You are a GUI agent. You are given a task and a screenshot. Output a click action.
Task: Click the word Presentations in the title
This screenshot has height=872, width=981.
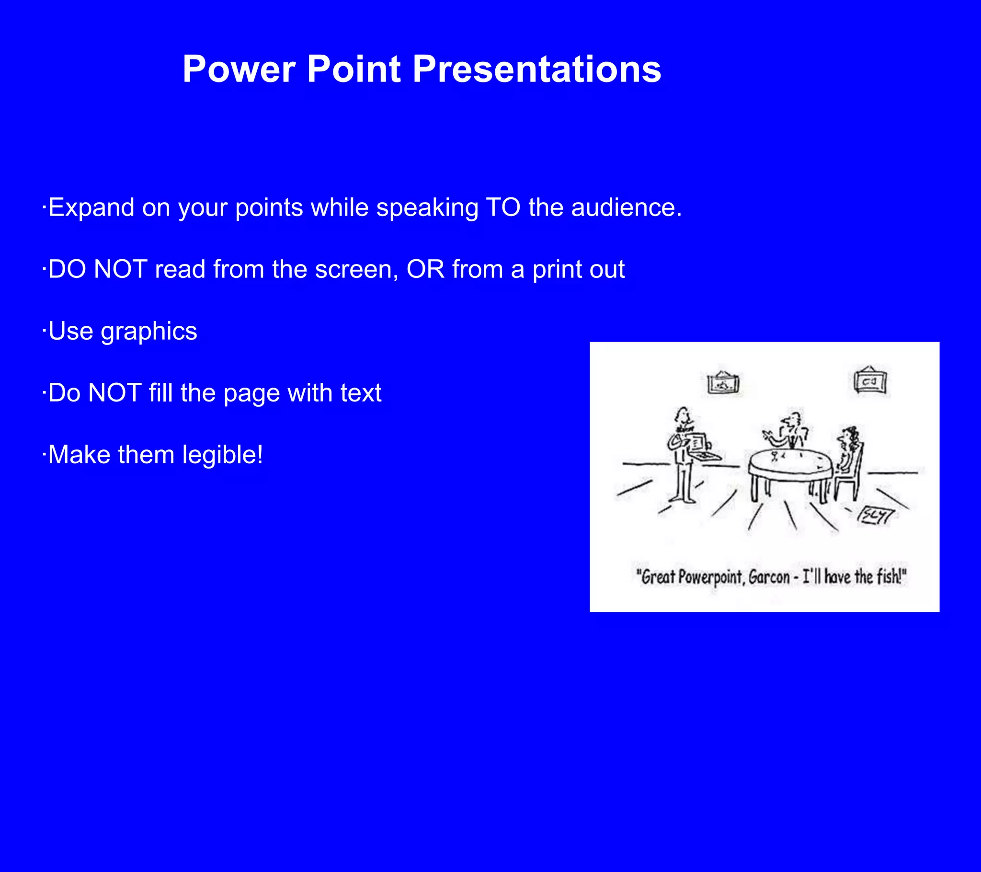tap(536, 69)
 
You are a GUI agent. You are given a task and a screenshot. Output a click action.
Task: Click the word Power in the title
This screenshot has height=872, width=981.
tap(239, 69)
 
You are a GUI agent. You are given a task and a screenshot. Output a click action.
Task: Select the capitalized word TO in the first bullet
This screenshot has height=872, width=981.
tap(503, 208)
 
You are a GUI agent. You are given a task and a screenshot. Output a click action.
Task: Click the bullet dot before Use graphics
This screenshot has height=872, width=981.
tap(44, 332)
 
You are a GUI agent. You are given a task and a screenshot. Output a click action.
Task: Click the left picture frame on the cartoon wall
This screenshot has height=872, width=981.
tap(723, 384)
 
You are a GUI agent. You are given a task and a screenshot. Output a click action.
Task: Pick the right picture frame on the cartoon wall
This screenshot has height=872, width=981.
tap(870, 382)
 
